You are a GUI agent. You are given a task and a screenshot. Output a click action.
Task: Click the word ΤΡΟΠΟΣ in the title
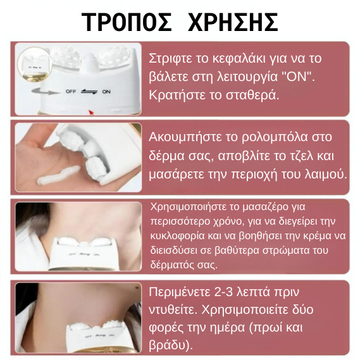coord(127,22)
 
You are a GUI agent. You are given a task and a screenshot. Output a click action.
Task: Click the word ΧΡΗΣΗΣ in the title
coord(233,22)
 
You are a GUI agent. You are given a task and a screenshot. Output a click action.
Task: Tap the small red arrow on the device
coord(92,113)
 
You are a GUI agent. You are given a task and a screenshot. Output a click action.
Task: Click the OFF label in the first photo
coord(71,91)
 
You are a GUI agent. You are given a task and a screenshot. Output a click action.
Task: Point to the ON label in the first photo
coord(106,92)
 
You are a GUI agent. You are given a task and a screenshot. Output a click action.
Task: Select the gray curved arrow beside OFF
coord(44,91)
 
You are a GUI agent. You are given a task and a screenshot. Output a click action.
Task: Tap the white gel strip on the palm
coord(58,175)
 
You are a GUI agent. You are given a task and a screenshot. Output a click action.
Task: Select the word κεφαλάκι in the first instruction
coord(239,58)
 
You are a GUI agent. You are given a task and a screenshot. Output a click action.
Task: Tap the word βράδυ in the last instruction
coord(166,345)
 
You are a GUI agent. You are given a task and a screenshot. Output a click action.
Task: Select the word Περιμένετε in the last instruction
coord(180,292)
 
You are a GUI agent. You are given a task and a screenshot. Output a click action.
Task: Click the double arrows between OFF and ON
coord(89,92)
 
